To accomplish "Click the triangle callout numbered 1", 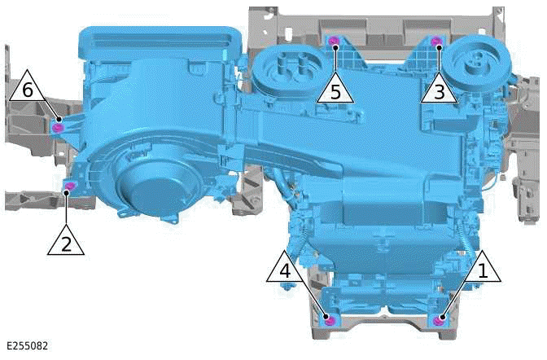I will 482,268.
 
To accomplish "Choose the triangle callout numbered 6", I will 28,88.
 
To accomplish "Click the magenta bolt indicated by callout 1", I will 440,319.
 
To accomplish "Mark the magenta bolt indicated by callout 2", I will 69,188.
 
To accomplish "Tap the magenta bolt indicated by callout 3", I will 436,42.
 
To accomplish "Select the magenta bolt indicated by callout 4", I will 329,319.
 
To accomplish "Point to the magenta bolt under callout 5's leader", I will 332,42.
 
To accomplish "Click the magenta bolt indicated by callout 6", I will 56,127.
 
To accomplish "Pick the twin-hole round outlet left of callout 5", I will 286,68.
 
